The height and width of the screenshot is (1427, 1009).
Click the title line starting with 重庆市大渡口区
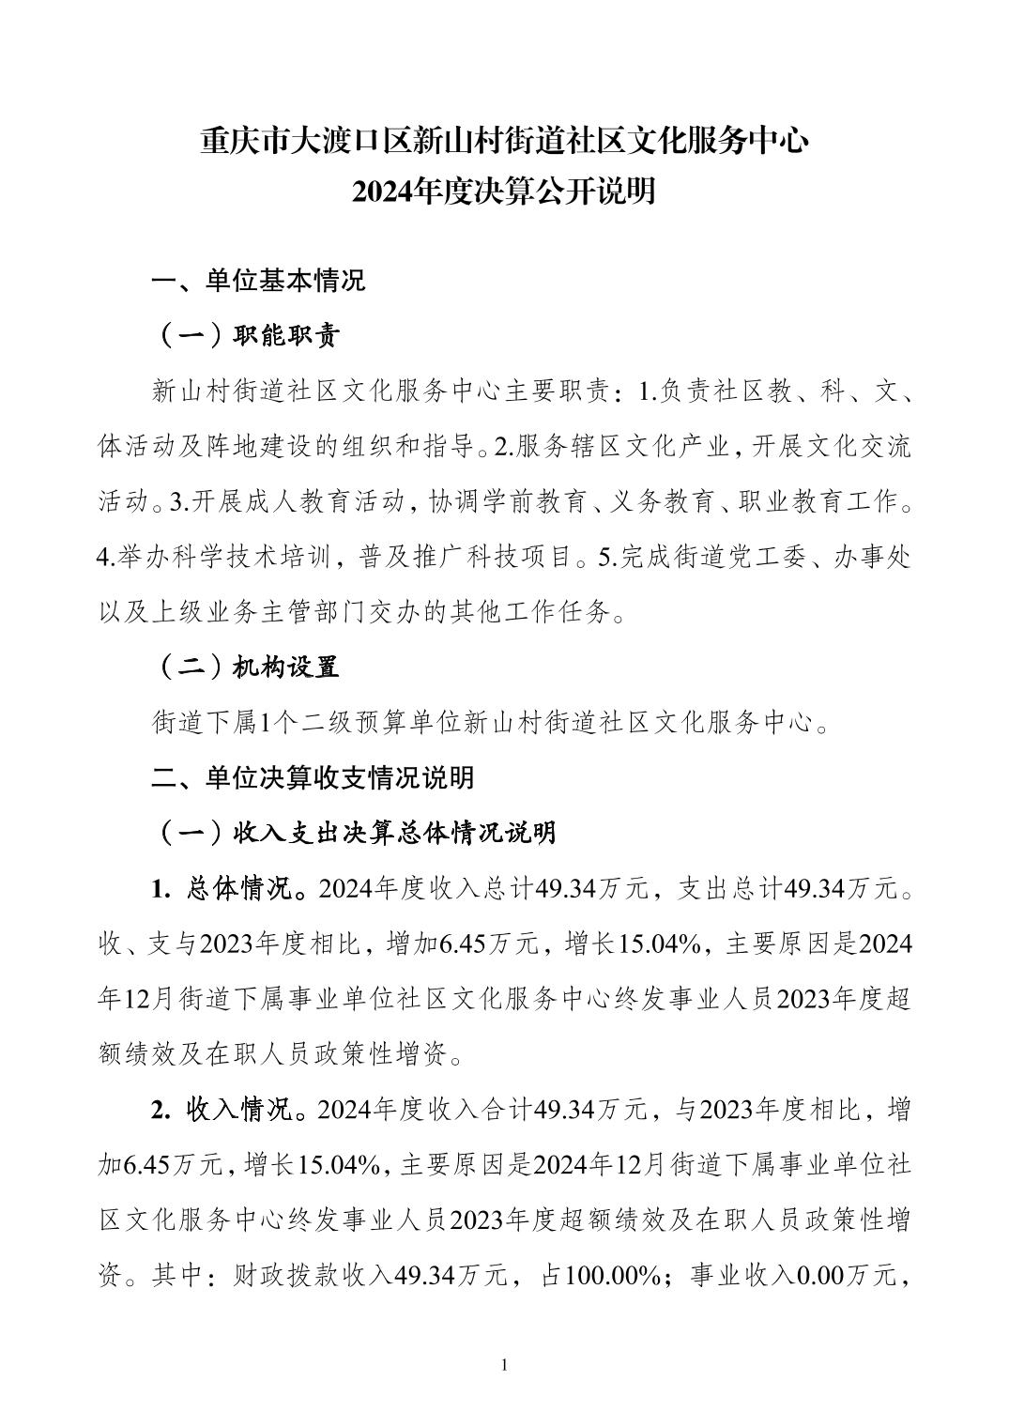click(x=504, y=142)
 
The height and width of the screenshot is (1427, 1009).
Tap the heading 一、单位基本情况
click(x=259, y=281)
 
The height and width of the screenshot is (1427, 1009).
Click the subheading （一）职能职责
click(x=246, y=336)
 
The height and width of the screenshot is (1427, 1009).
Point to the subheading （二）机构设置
click(x=246, y=667)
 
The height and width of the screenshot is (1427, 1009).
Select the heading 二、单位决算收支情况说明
click(x=313, y=778)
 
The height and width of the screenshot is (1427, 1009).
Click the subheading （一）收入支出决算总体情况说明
click(x=355, y=833)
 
